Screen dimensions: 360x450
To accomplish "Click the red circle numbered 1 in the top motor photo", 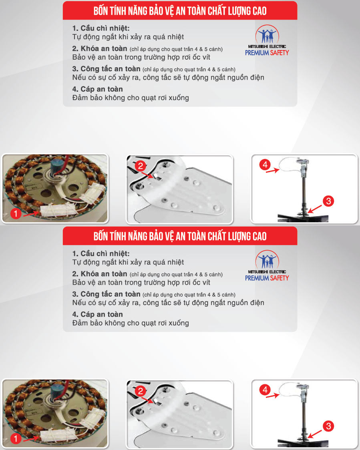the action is [x=16, y=213].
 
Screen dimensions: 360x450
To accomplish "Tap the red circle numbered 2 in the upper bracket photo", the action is [x=141, y=166].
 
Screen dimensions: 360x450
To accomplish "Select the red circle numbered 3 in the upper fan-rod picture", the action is [x=328, y=201].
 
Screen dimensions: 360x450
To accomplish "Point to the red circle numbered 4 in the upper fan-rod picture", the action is [x=265, y=165].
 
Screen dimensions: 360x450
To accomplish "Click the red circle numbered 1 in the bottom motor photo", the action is [x=16, y=438].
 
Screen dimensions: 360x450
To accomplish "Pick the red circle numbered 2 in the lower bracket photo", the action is [x=141, y=391].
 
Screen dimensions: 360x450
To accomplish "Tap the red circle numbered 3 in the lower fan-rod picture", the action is [x=328, y=426].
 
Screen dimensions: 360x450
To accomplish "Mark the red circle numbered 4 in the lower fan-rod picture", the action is [x=265, y=390].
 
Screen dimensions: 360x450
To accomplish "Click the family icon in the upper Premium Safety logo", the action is [x=267, y=34].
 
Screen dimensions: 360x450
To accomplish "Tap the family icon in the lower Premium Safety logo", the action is [x=267, y=259].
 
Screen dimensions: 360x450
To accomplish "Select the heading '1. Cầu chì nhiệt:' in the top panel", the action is [x=101, y=28].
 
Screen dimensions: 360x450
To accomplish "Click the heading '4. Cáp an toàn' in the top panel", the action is [x=98, y=89].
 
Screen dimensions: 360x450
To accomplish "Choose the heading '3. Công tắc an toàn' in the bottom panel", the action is [x=106, y=294].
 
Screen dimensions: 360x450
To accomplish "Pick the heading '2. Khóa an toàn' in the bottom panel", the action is [x=100, y=274].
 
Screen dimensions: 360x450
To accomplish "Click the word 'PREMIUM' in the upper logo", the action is [x=257, y=53].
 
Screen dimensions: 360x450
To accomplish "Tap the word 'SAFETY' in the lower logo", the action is [x=280, y=278].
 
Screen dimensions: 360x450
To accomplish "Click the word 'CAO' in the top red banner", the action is [x=259, y=11].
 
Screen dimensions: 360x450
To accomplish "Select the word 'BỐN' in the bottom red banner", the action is [x=101, y=236].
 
